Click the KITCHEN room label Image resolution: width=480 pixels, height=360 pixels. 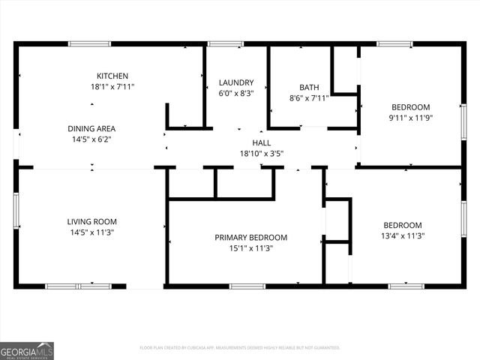(x=112, y=76)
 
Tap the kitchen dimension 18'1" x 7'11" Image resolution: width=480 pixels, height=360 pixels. (x=112, y=87)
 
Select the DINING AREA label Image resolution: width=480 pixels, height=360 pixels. (x=91, y=128)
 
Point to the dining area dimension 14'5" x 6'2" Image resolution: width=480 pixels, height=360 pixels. (x=91, y=139)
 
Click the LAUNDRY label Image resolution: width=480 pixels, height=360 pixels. (x=236, y=82)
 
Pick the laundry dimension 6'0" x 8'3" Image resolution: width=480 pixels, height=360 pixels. (x=236, y=94)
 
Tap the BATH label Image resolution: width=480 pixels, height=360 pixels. (x=309, y=87)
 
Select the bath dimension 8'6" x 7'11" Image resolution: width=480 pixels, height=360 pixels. (x=309, y=97)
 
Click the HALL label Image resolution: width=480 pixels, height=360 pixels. (x=261, y=142)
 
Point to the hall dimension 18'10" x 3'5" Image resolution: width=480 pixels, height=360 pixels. (x=261, y=154)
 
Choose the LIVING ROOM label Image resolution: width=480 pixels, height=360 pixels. (x=91, y=221)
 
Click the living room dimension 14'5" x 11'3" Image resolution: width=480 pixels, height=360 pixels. (x=91, y=232)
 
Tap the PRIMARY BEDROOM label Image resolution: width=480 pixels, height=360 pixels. (x=250, y=238)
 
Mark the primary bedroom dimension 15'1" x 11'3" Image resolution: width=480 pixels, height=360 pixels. (x=250, y=248)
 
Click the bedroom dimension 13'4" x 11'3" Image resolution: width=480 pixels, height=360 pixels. (x=403, y=235)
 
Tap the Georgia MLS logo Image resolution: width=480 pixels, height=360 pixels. (x=27, y=350)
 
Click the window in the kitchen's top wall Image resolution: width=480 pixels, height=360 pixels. (x=90, y=43)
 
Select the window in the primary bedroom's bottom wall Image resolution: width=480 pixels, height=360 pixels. (x=247, y=286)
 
